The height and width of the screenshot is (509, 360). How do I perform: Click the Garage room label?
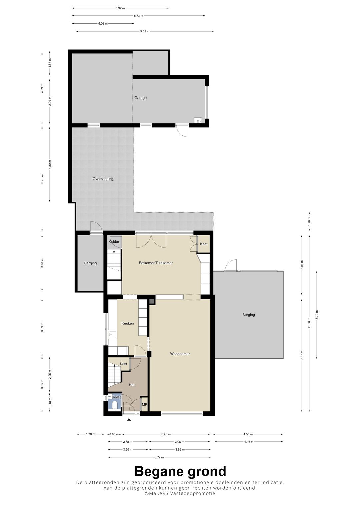point(140,98)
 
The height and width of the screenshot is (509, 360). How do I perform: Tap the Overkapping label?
point(103,179)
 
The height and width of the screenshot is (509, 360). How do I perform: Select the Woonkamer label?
point(180,354)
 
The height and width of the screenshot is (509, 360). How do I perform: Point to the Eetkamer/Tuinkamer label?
point(156,263)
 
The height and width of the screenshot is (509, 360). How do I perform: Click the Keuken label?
point(128,323)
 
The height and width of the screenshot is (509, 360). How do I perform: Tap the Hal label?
point(131,385)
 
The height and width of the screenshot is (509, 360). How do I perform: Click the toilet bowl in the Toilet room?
point(115,405)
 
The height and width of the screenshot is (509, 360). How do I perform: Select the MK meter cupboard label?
point(144,405)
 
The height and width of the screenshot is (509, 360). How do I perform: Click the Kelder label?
point(114,242)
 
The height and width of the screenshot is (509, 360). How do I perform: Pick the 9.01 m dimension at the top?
point(145,31)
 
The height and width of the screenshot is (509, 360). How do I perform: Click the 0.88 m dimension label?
point(114,434)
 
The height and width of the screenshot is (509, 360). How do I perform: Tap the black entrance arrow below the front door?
point(129,420)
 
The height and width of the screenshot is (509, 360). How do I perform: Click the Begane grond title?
point(180,471)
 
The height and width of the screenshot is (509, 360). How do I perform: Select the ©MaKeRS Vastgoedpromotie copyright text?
point(180,494)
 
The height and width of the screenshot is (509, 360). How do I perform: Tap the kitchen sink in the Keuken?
point(112,334)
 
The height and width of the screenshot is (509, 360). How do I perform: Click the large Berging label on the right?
point(248,315)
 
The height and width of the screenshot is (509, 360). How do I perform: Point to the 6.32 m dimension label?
point(120,8)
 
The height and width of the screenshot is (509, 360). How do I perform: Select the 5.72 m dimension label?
point(317,315)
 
